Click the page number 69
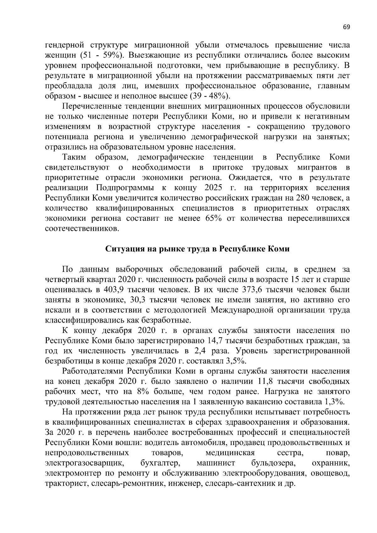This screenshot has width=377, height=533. (x=346, y=27)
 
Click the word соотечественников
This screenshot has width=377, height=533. (x=82, y=228)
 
